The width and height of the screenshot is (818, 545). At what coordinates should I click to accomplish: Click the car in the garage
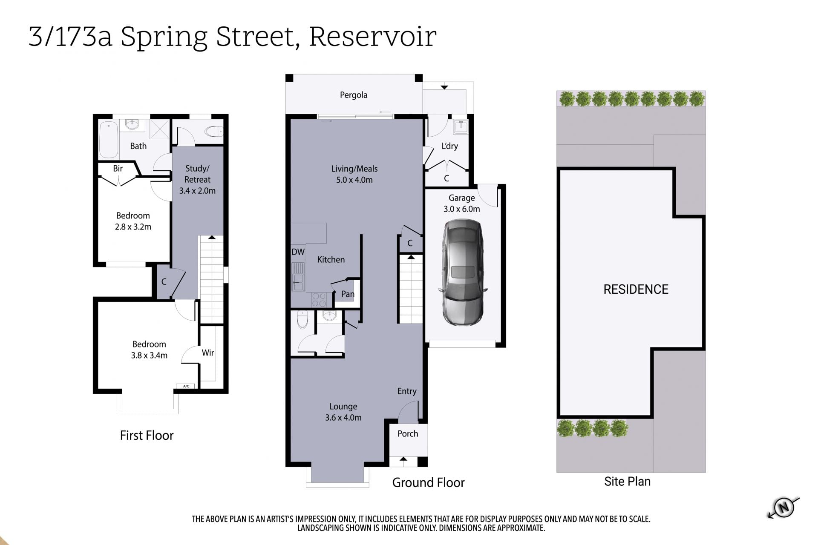click(x=462, y=272)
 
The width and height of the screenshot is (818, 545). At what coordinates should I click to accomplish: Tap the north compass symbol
click(x=783, y=508)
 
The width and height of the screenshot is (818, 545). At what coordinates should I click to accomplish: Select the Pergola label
click(x=354, y=95)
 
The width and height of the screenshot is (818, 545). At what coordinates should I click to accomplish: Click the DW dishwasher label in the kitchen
click(x=298, y=252)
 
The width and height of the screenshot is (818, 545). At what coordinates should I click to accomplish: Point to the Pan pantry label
click(x=348, y=294)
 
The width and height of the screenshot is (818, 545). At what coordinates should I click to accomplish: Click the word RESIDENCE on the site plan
click(x=636, y=290)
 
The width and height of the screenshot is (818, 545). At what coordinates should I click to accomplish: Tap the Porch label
click(x=408, y=433)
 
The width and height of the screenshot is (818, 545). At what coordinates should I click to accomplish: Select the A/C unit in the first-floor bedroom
click(x=186, y=386)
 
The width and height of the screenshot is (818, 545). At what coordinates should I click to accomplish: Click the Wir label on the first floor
click(x=208, y=353)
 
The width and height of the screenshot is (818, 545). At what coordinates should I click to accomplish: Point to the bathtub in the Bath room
click(x=108, y=140)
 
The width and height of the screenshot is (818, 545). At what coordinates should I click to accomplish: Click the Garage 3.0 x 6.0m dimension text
click(x=462, y=209)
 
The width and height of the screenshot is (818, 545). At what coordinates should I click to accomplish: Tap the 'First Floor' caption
click(x=147, y=435)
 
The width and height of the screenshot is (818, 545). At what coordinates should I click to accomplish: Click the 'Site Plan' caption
click(x=627, y=481)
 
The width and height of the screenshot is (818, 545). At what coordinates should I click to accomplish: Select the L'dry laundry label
click(x=449, y=146)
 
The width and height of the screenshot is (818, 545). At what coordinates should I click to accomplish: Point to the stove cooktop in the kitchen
click(x=319, y=300)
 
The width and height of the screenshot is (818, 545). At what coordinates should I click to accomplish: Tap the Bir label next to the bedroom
click(x=118, y=168)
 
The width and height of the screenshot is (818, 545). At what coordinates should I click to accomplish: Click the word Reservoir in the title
click(x=373, y=37)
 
